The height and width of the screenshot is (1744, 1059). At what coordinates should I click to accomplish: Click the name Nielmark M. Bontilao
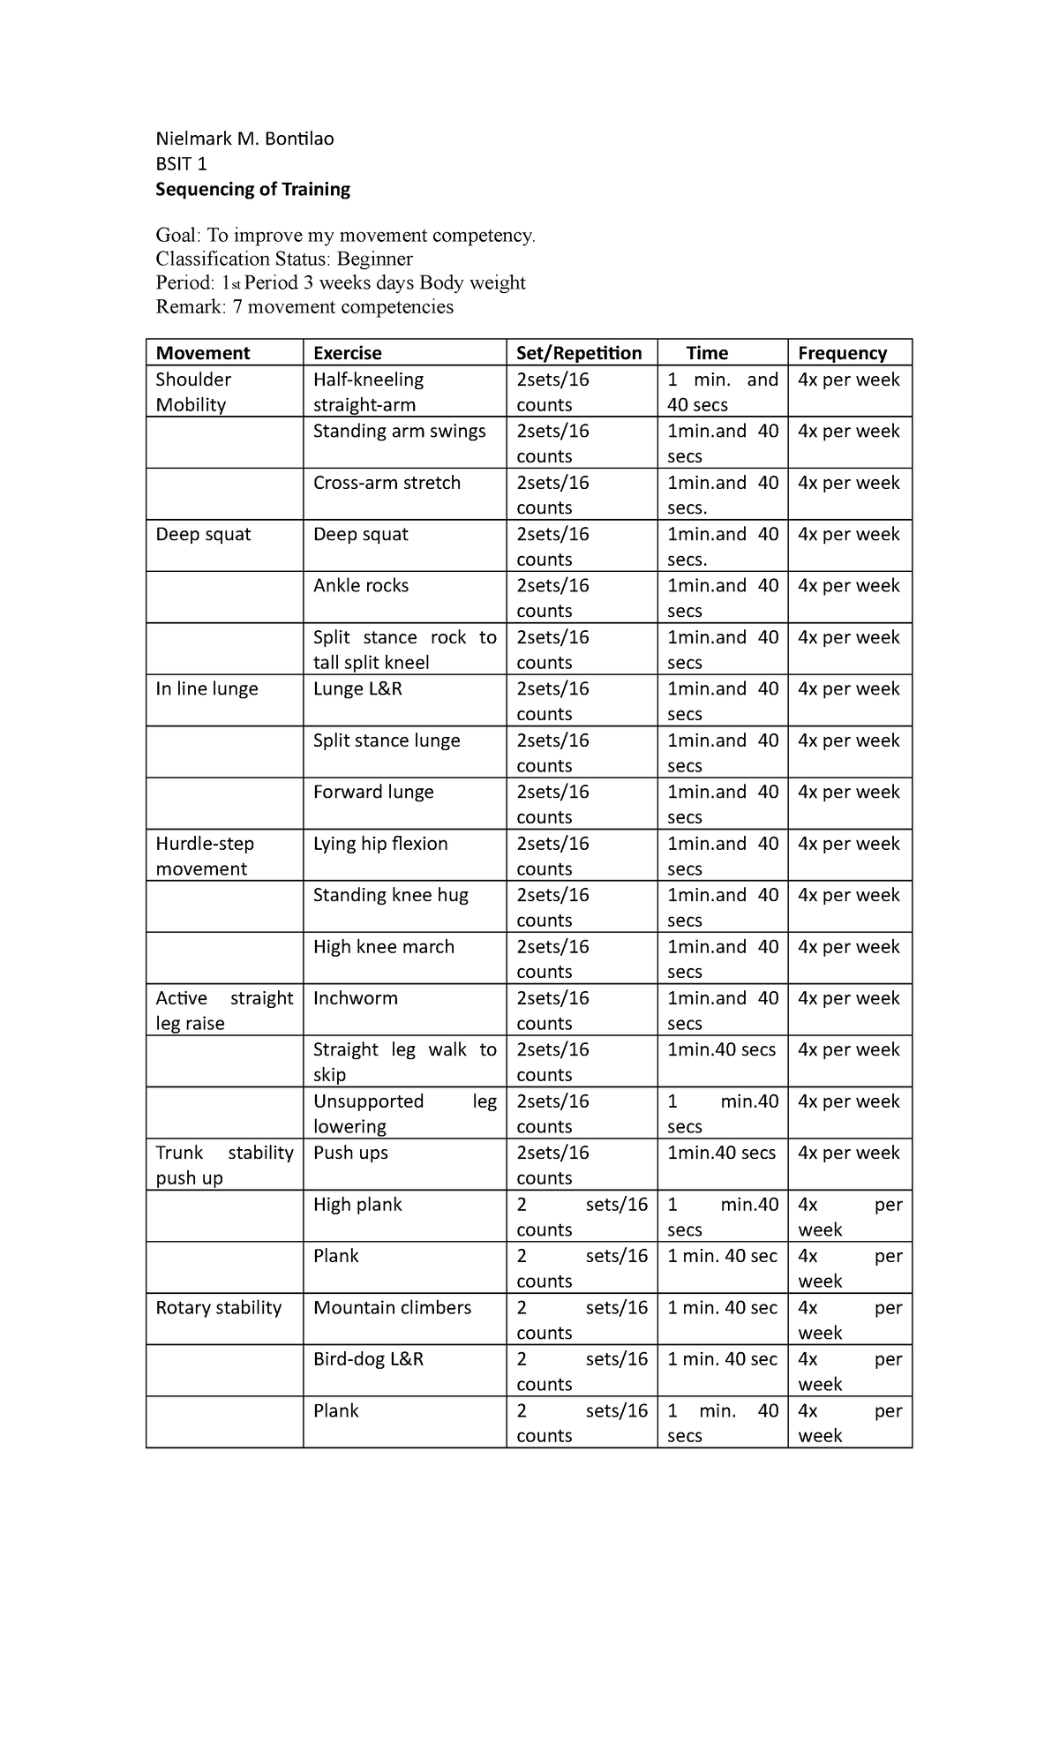(244, 139)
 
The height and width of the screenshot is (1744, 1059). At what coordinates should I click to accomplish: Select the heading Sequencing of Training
(252, 189)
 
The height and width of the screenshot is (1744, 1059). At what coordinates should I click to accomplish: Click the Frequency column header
(842, 353)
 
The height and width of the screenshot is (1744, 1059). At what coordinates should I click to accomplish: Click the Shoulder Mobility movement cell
(193, 392)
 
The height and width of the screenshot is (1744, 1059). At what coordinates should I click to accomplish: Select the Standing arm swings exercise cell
(399, 432)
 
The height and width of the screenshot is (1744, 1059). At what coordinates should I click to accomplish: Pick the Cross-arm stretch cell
(387, 483)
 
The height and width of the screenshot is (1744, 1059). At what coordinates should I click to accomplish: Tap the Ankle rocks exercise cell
(361, 586)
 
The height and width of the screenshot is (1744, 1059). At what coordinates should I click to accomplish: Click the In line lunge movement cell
(207, 689)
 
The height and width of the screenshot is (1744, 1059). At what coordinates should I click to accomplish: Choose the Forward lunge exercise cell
(373, 793)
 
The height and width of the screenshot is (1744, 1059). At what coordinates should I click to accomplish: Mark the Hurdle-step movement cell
(204, 856)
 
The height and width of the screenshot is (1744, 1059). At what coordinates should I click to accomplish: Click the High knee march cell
(384, 947)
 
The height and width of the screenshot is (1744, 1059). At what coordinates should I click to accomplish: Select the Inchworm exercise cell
(356, 998)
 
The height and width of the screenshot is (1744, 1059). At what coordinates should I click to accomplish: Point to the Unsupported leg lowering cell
(404, 1114)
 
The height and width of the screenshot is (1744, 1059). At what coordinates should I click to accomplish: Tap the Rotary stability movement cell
(218, 1308)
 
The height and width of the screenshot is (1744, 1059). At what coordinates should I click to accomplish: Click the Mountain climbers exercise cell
(392, 1308)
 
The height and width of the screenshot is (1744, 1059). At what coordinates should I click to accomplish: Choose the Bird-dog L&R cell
(368, 1359)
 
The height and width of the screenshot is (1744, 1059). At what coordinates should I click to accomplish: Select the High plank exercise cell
(357, 1205)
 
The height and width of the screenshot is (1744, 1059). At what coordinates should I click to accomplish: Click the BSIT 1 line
(181, 164)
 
